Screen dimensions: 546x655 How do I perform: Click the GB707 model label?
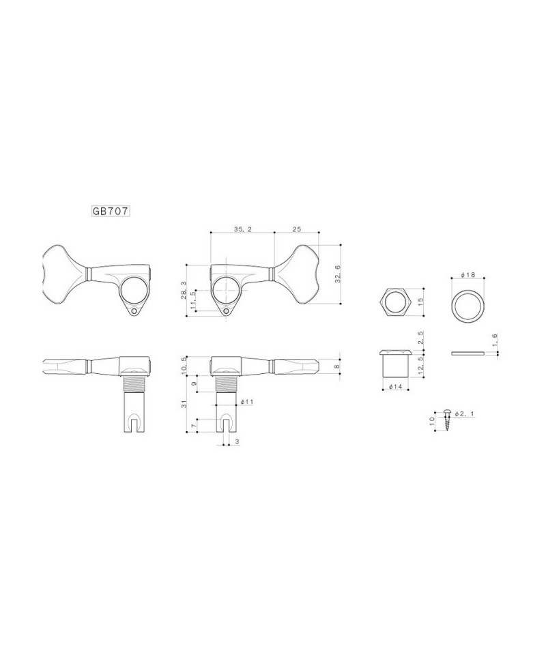[x=111, y=212]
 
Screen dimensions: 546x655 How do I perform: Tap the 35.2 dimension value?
[x=242, y=229]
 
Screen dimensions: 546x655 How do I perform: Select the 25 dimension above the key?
[x=296, y=229]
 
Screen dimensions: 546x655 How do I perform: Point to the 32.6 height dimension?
[x=338, y=274]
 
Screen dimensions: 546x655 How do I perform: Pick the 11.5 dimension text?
[x=192, y=300]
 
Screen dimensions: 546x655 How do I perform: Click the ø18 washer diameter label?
[x=468, y=275]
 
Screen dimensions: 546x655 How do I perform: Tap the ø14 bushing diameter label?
[x=394, y=386]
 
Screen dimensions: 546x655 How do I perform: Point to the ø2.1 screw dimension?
[x=465, y=413]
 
